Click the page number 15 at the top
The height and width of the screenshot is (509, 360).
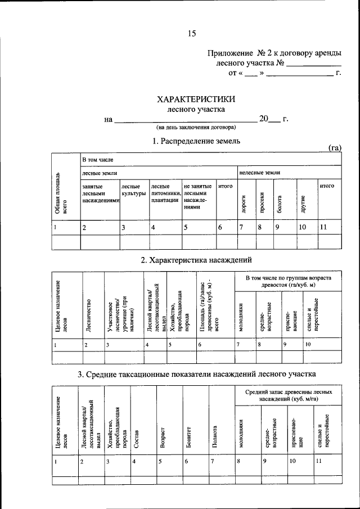point(191,33)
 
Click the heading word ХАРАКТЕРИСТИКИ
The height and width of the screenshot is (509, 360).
point(196,99)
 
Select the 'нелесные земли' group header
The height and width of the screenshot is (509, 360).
point(260,173)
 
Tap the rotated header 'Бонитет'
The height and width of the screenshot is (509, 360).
point(190,436)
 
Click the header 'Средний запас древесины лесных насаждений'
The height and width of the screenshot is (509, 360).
point(288,394)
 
